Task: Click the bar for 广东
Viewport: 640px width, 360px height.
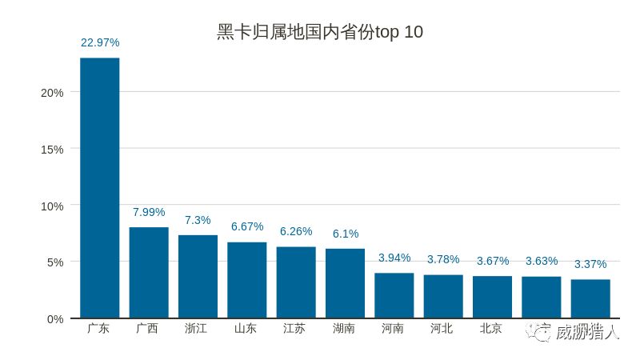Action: coord(100,188)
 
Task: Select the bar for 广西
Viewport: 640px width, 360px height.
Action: coord(149,273)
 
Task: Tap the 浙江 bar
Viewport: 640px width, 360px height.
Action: coord(198,277)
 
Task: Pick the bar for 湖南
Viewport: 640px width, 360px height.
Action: coord(345,283)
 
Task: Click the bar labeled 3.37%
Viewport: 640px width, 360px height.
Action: coord(590,298)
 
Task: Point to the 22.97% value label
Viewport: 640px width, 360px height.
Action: coord(100,42)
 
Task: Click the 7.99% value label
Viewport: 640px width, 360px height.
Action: coord(149,212)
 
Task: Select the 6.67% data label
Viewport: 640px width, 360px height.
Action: coord(247,226)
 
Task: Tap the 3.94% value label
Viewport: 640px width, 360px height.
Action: coord(394,258)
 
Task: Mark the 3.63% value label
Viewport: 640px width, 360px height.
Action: coord(542,261)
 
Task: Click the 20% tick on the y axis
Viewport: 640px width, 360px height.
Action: coord(52,93)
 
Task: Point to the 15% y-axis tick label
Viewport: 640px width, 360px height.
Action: coord(52,150)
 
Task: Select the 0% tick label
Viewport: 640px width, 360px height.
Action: coord(55,319)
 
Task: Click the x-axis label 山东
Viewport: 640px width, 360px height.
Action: coord(246,329)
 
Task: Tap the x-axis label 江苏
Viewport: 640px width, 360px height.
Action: coord(295,329)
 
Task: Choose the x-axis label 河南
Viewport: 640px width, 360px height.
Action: coord(394,329)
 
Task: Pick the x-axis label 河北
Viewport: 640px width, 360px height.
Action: coord(442,329)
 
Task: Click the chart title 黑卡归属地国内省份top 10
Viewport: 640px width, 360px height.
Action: coord(320,33)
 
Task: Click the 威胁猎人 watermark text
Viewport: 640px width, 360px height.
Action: coord(587,332)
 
